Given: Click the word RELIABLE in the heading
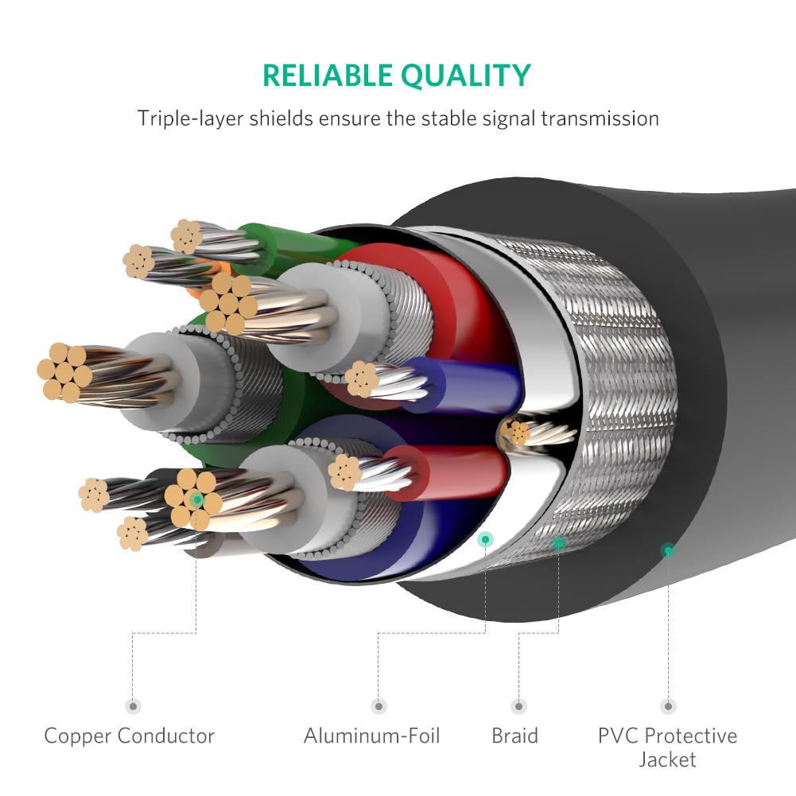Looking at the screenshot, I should (x=327, y=75).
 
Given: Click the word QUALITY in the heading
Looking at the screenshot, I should (x=465, y=75).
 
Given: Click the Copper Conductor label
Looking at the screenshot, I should (x=129, y=736).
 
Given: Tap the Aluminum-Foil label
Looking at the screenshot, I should (x=371, y=736).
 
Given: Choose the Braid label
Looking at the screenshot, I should (x=514, y=736).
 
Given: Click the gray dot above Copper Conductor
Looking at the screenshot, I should (x=133, y=706).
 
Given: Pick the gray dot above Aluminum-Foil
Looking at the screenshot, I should (x=379, y=706).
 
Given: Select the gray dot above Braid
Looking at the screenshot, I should (x=518, y=706).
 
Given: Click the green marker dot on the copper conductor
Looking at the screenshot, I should (x=196, y=499).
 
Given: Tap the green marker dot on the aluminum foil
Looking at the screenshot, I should (x=485, y=540).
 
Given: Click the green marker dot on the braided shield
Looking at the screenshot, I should (x=558, y=543).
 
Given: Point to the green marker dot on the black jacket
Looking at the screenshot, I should (x=668, y=549).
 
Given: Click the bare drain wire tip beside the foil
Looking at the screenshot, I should (x=518, y=433).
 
